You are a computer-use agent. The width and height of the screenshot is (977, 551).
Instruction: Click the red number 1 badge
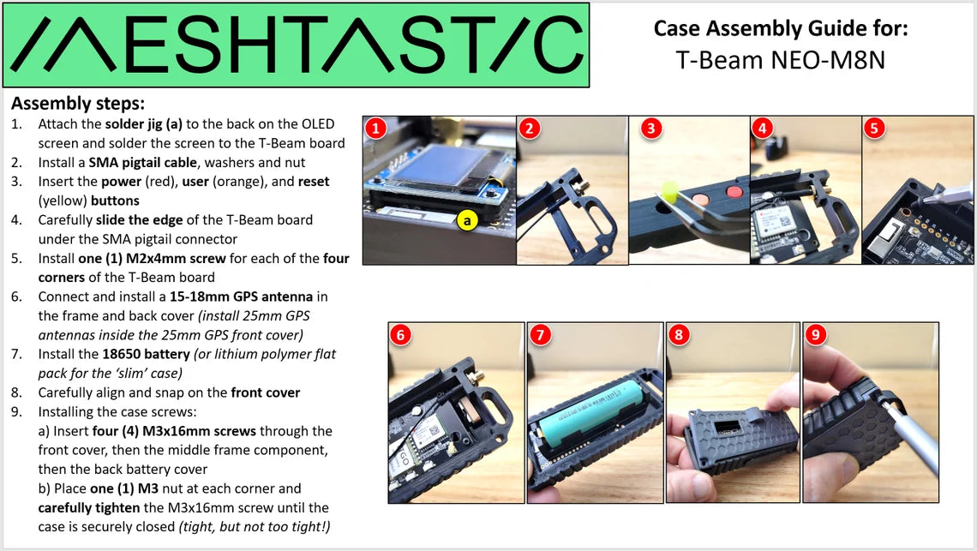click(x=375, y=129)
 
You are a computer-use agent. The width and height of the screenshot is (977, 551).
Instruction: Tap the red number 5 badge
click(x=874, y=129)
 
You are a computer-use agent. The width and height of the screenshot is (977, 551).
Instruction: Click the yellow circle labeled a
click(x=467, y=220)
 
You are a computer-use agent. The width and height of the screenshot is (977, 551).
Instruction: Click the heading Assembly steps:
click(x=78, y=104)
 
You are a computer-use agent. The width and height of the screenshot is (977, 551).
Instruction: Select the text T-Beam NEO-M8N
click(x=780, y=61)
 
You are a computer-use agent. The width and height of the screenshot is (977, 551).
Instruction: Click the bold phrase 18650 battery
click(x=146, y=355)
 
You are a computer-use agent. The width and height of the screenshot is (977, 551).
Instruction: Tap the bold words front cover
click(x=266, y=392)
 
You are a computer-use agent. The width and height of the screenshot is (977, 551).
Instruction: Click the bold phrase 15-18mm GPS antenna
click(x=241, y=296)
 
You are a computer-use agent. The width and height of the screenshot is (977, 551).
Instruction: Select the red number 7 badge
click(x=540, y=335)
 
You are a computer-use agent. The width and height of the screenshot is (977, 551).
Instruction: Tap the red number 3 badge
click(x=651, y=129)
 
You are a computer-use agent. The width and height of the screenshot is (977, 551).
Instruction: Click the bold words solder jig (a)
click(x=144, y=124)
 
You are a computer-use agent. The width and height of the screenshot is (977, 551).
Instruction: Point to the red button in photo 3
click(x=734, y=192)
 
